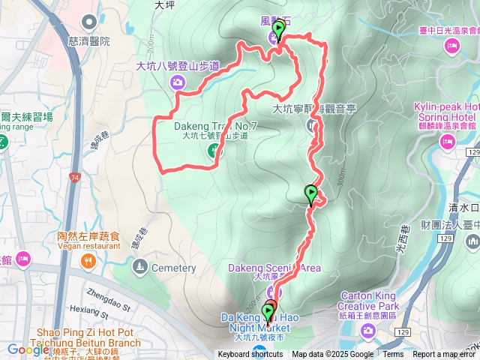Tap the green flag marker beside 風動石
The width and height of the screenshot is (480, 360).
[279, 31]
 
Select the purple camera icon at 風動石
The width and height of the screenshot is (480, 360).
[271, 39]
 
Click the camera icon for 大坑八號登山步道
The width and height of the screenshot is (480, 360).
[178, 81]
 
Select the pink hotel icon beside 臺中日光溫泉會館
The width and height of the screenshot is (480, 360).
[451, 47]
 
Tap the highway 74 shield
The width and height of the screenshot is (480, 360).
[76, 178]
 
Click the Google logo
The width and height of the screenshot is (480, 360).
[28, 349]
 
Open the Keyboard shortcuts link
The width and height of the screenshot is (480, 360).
[250, 355]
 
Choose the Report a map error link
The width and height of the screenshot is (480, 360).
[445, 355]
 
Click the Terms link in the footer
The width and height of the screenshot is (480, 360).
[393, 355]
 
